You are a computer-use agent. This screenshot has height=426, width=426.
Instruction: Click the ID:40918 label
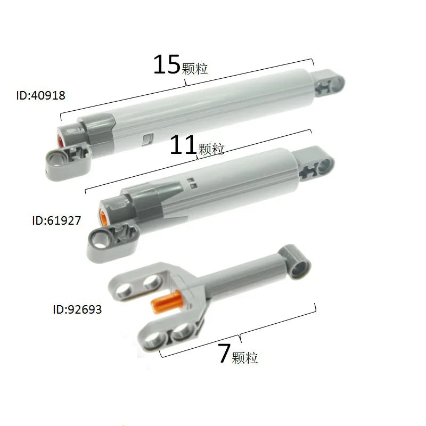40,96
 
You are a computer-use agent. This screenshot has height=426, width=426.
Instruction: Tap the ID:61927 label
56,220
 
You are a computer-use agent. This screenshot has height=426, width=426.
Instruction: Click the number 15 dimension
167,64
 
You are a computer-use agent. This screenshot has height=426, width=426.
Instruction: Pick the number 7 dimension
224,354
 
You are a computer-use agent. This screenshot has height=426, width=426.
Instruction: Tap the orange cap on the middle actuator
105,217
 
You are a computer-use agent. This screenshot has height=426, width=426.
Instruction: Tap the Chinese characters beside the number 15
194,69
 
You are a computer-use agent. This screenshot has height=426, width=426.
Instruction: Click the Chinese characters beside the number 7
245,358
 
